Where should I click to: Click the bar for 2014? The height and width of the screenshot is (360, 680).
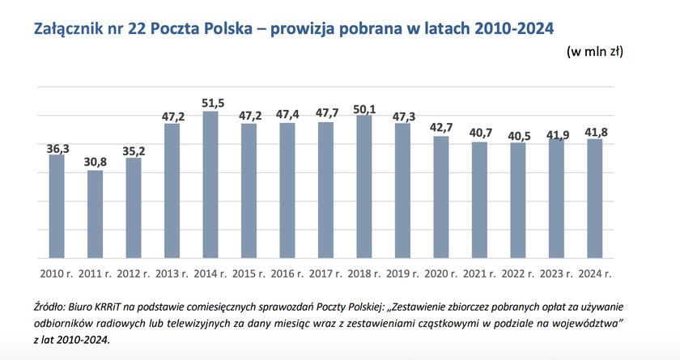click(210, 185)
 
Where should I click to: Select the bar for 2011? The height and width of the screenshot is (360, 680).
click(95, 214)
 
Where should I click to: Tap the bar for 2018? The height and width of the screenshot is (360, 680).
click(363, 187)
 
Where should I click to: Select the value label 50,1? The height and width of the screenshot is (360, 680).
click(363, 108)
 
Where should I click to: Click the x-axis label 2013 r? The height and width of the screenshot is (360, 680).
click(172, 273)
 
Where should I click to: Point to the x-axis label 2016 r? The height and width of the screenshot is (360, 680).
click(287, 273)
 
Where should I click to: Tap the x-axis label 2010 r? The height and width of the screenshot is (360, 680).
click(56, 273)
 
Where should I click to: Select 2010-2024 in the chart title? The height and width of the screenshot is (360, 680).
click(508, 28)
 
